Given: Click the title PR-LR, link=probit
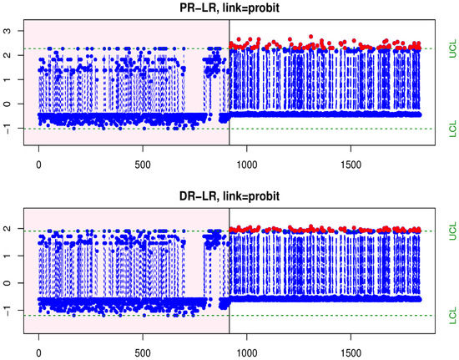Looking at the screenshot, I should tap(229, 8).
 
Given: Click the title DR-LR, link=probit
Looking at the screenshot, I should tap(229, 197).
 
